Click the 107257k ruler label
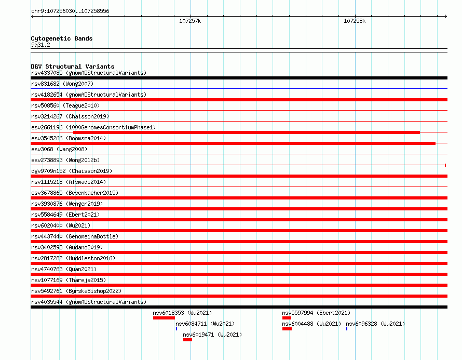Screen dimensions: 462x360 click(x=190, y=21)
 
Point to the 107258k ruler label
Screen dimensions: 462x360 click(x=355, y=21)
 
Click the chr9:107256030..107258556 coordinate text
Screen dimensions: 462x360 click(x=70, y=11)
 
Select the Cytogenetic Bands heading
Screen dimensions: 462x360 click(x=62, y=38)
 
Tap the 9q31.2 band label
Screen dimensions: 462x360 click(x=40, y=45)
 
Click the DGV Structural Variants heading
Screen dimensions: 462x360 click(x=73, y=66)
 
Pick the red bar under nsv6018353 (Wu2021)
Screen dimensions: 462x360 click(x=164, y=318)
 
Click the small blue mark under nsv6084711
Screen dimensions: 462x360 click(x=176, y=329)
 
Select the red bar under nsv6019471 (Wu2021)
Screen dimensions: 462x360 click(x=187, y=340)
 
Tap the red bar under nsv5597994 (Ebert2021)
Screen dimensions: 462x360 click(x=287, y=318)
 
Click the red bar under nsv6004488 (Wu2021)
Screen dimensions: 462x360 click(x=287, y=329)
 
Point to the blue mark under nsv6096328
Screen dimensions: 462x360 click(x=347, y=329)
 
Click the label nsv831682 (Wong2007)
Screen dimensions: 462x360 click(x=62, y=84)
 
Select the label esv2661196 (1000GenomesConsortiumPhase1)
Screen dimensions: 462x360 click(x=93, y=127)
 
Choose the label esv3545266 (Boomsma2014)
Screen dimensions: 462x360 click(x=69, y=138)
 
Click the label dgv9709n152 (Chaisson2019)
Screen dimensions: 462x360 click(x=72, y=171)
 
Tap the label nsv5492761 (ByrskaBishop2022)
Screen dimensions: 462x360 click(x=76, y=291)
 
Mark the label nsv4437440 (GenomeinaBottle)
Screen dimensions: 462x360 click(x=75, y=236)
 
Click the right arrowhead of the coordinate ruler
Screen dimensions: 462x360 click(x=446, y=16)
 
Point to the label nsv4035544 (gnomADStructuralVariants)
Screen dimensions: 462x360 click(x=89, y=302)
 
